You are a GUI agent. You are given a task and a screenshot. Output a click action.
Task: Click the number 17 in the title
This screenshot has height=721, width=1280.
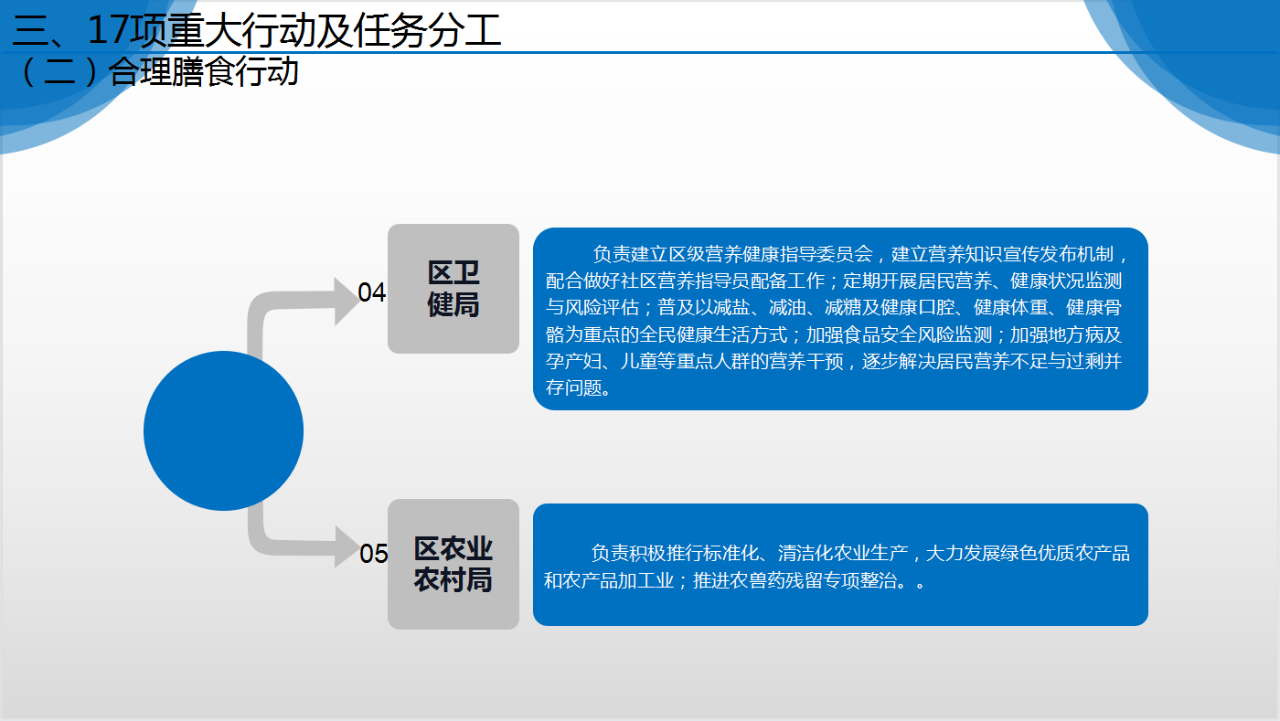(109, 30)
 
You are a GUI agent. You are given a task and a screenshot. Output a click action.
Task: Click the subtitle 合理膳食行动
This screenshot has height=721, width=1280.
(203, 72)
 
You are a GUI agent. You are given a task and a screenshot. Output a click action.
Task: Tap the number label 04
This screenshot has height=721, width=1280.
(371, 292)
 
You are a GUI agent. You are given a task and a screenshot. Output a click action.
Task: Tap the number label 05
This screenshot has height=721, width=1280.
(373, 554)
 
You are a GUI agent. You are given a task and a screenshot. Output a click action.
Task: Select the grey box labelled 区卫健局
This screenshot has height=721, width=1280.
(453, 289)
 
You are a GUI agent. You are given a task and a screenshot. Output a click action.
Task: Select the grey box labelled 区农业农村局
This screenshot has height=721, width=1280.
(453, 564)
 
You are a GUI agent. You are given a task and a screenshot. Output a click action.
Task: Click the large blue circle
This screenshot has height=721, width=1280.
(223, 430)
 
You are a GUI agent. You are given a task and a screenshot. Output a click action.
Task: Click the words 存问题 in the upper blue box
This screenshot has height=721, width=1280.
(573, 388)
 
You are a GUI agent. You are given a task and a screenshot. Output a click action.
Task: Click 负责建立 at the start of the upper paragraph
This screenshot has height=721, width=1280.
(630, 254)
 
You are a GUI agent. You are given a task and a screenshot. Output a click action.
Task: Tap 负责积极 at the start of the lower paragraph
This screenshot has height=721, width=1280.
(627, 553)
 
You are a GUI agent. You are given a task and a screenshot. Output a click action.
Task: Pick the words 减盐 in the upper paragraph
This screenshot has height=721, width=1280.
(731, 307)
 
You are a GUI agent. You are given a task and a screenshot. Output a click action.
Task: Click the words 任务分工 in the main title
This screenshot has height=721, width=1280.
(427, 30)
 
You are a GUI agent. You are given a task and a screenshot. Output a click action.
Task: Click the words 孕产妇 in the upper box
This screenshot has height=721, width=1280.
(573, 361)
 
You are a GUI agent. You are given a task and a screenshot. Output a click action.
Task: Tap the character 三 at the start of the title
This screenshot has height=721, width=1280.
(30, 30)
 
